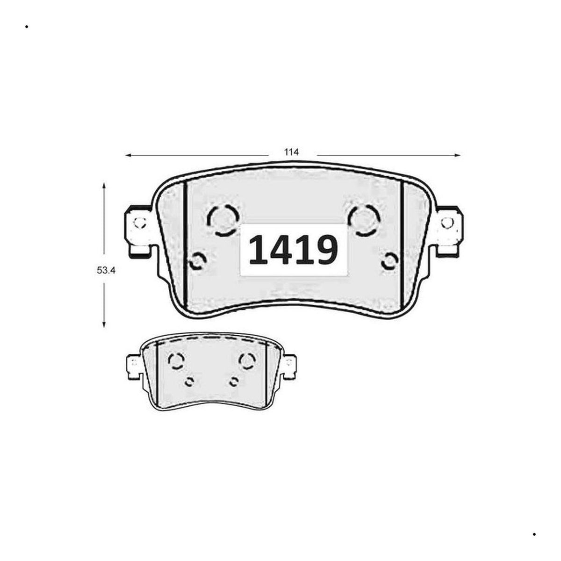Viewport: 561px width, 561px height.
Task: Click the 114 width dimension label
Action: click(x=291, y=152)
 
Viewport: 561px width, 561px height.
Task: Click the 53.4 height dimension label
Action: click(x=106, y=271)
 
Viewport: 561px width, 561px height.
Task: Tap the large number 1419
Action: click(x=293, y=250)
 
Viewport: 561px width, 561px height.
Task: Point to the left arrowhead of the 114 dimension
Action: click(x=128, y=156)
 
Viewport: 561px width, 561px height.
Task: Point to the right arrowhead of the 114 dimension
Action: click(x=458, y=155)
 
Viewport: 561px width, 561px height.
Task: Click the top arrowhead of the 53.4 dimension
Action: click(x=104, y=186)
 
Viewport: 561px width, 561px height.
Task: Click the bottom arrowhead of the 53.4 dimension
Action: click(x=104, y=324)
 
